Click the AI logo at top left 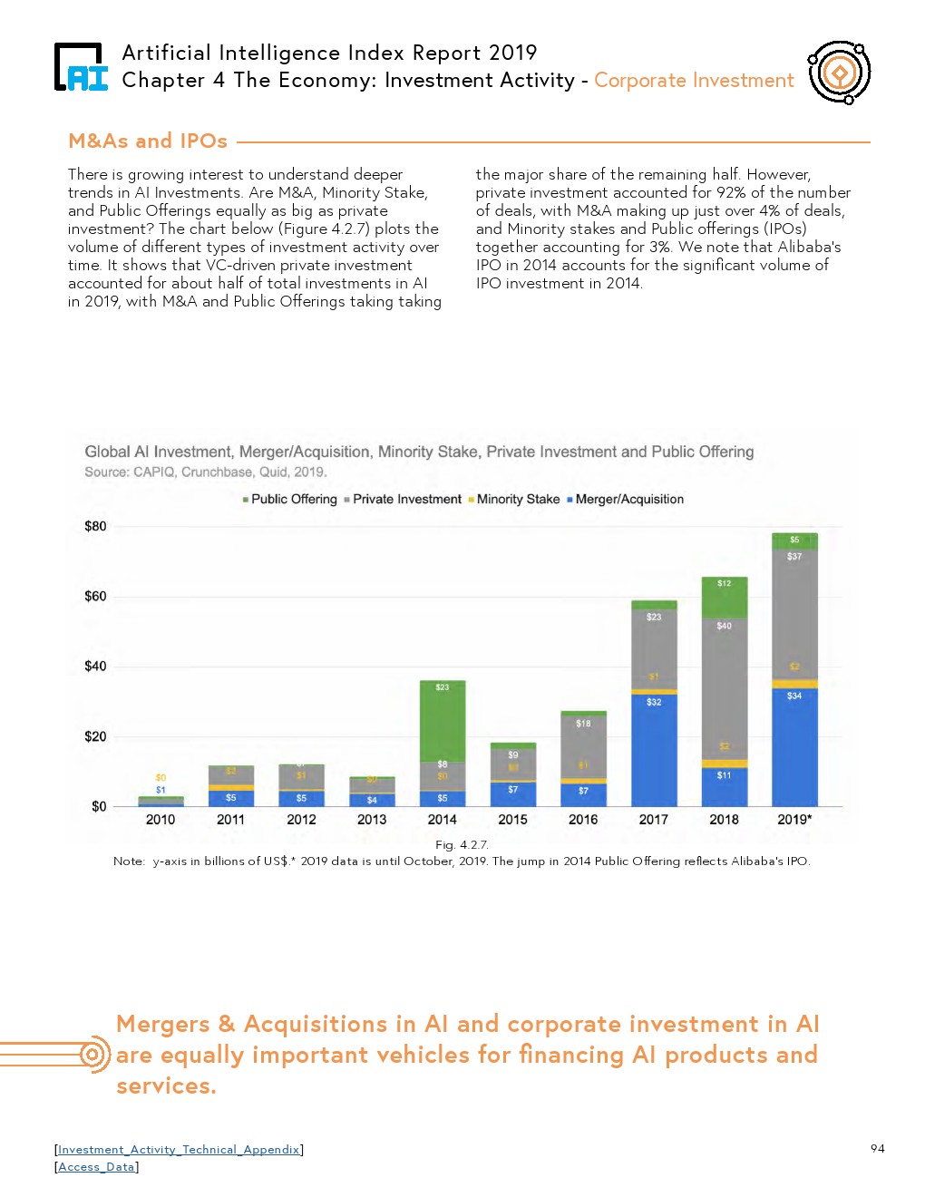(81, 68)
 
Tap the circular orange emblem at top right (840, 73)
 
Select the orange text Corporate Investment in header (694, 81)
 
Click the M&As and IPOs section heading (148, 141)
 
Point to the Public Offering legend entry (290, 500)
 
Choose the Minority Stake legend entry (514, 500)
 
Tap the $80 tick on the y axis (95, 527)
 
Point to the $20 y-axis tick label (95, 737)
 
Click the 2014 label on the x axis (442, 820)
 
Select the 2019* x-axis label (794, 820)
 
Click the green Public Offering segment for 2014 (443, 721)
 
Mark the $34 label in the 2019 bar (794, 696)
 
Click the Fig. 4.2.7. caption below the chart (462, 845)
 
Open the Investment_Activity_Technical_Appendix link (179, 1150)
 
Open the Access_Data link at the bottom (96, 1167)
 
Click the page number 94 (877, 1149)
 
